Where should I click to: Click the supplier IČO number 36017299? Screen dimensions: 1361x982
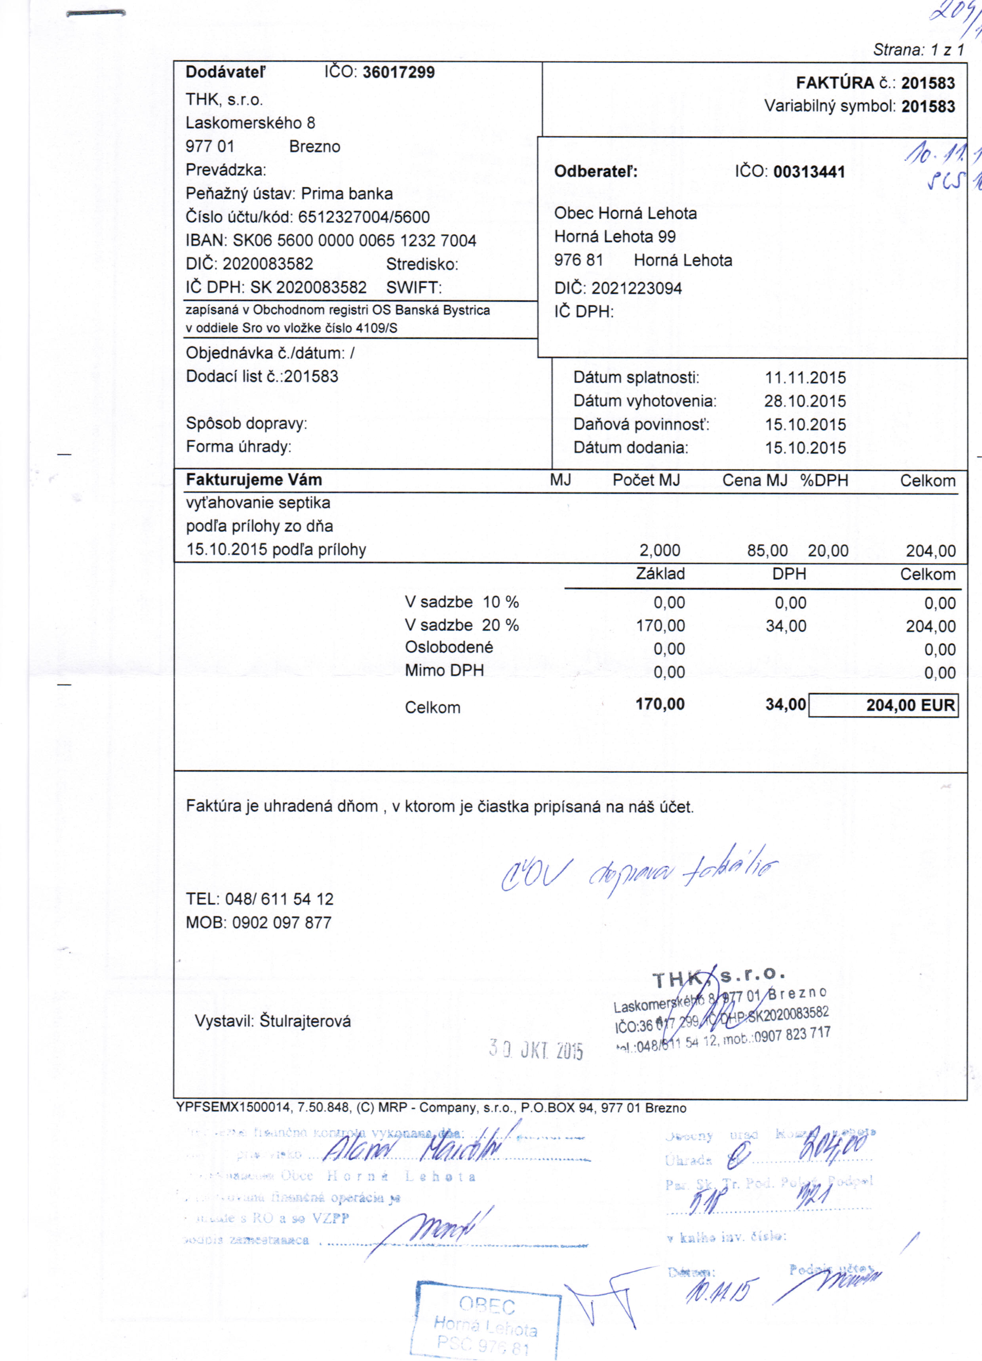pyautogui.click(x=399, y=72)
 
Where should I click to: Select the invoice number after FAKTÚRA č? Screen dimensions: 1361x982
pyautogui.click(x=927, y=83)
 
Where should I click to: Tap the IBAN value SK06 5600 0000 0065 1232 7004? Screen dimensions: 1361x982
pyautogui.click(x=354, y=241)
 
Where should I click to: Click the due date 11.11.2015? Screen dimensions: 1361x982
pyautogui.click(x=805, y=377)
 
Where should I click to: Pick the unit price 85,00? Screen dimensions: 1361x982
pyautogui.click(x=767, y=550)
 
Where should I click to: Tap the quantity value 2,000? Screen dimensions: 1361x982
pyautogui.click(x=660, y=550)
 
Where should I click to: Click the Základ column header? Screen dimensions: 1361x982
pyautogui.click(x=660, y=574)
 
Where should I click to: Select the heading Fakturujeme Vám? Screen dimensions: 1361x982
pyautogui.click(x=254, y=480)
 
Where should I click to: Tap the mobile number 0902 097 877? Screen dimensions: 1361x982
pyautogui.click(x=282, y=922)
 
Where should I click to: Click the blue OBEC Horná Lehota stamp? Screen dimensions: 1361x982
pyautogui.click(x=486, y=1317)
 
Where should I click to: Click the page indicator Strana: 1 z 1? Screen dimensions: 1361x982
pyautogui.click(x=918, y=50)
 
